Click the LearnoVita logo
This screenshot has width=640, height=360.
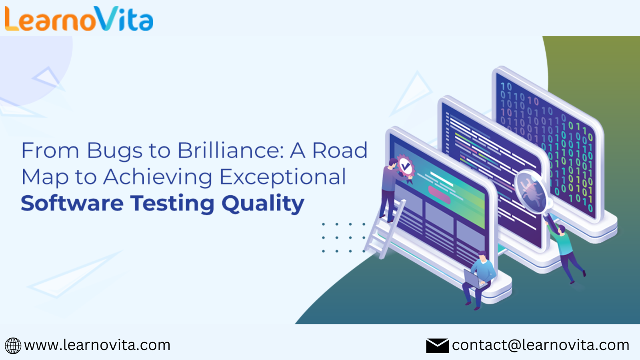(x=79, y=19)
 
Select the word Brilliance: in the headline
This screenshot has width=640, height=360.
(x=231, y=150)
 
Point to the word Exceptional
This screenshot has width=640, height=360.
(x=283, y=177)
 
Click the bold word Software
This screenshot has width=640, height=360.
(x=72, y=203)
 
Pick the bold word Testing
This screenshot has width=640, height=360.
(x=172, y=204)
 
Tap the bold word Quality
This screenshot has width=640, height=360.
(x=263, y=204)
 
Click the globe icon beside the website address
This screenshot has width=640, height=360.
(x=13, y=346)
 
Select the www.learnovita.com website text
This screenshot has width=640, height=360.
(x=97, y=345)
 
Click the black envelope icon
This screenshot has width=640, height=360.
(x=437, y=346)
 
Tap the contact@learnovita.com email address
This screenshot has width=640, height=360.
(x=540, y=345)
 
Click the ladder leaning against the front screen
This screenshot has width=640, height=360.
(x=384, y=228)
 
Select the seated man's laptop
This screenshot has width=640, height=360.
(x=473, y=278)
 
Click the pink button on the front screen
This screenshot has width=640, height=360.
(x=439, y=194)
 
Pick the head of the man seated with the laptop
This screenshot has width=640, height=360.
(x=482, y=256)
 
